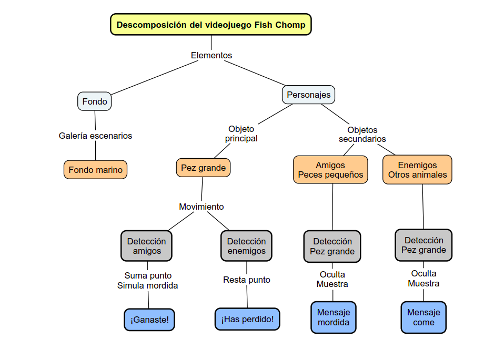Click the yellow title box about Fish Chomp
211,25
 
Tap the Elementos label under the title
211,55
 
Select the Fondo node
95,101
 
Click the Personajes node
309,95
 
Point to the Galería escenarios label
95,136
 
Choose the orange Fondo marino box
95,170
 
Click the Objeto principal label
241,133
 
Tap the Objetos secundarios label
362,135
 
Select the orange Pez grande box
203,168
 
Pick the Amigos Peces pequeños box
330,170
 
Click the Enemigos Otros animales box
417,170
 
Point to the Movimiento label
201,207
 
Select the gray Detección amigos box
146,246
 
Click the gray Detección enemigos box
246,246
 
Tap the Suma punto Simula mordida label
147,281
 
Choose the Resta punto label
246,280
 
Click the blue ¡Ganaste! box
149,320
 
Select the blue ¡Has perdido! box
247,319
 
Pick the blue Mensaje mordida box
334,317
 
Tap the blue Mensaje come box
423,317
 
